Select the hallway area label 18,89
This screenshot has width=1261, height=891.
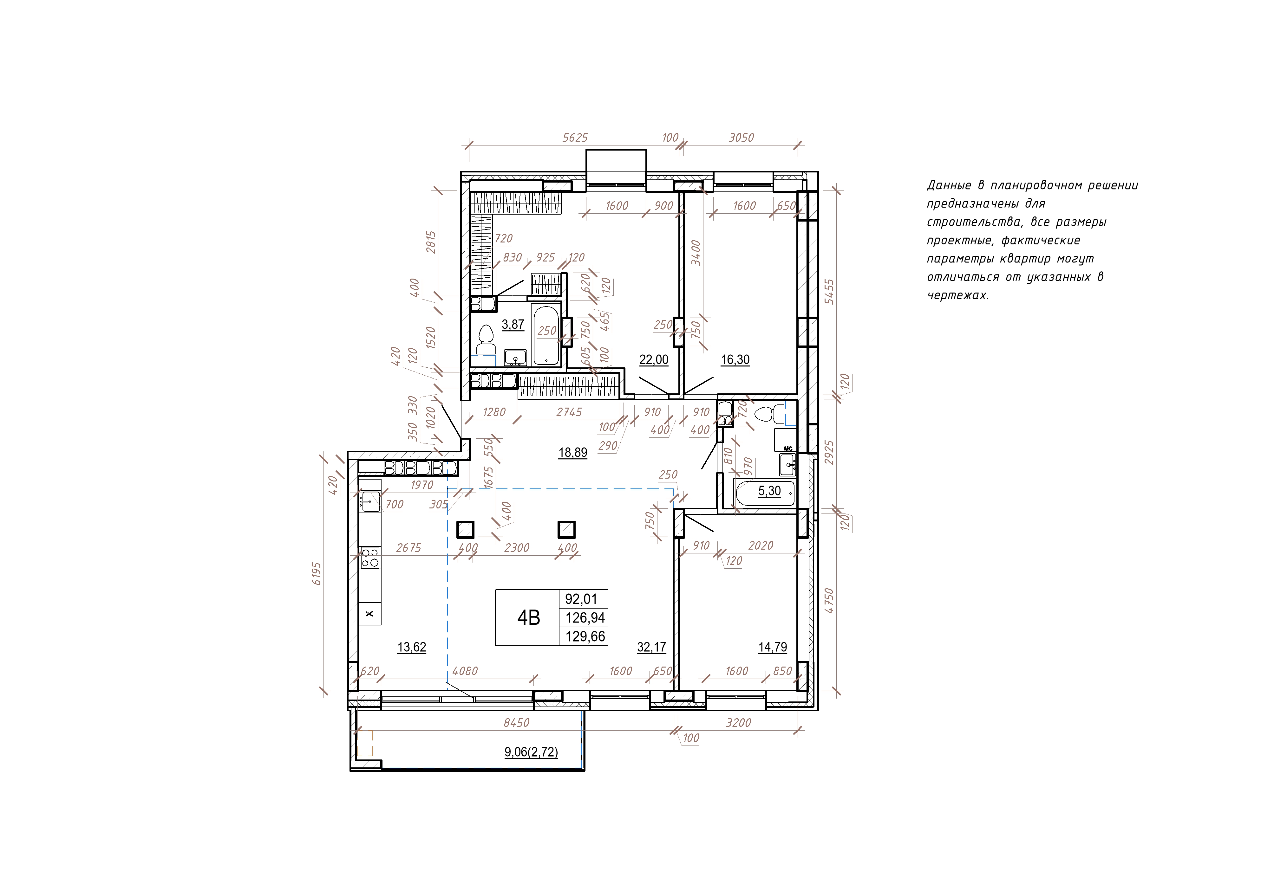pyautogui.click(x=573, y=453)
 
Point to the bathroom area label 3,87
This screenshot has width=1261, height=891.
pyautogui.click(x=513, y=325)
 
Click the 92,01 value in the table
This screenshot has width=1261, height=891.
pyautogui.click(x=581, y=599)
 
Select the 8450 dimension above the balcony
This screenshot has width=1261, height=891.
pyautogui.click(x=516, y=723)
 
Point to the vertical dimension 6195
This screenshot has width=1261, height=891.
pyautogui.click(x=316, y=574)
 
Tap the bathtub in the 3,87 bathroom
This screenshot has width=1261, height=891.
pyautogui.click(x=546, y=335)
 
